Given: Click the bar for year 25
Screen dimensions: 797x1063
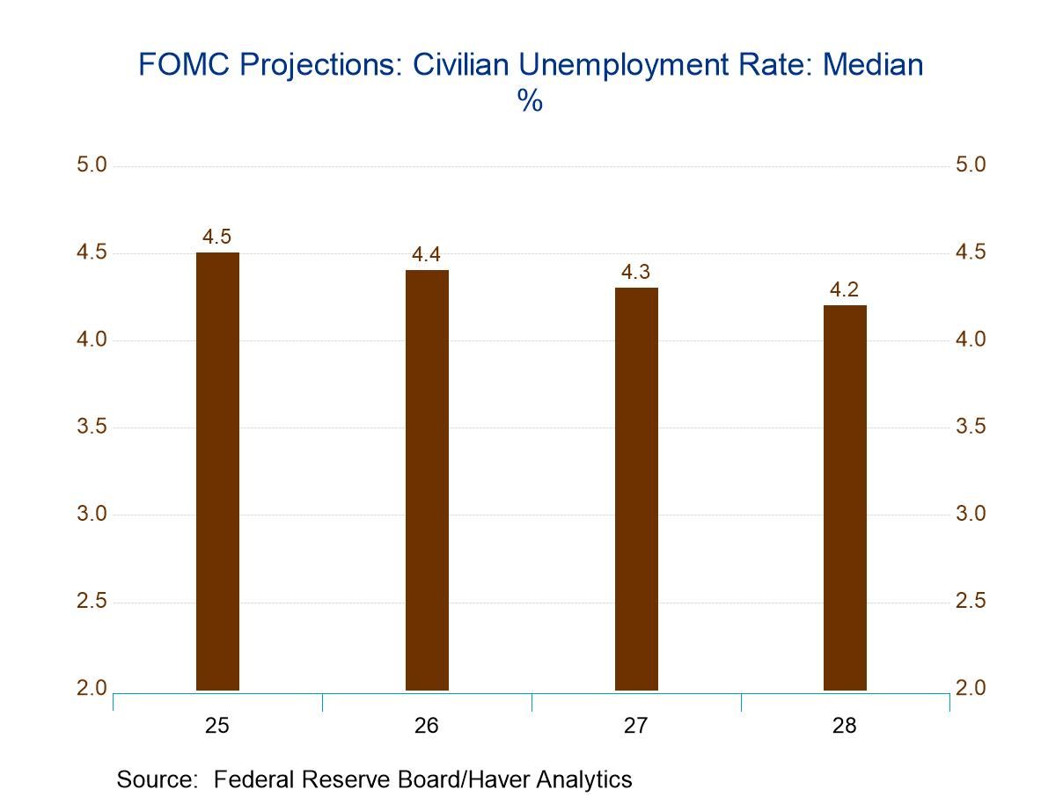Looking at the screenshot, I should [x=217, y=472].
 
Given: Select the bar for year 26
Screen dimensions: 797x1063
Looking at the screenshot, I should [x=427, y=480].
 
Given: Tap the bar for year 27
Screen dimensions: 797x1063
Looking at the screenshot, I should [x=636, y=489].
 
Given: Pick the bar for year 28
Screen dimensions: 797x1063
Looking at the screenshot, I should [x=845, y=498].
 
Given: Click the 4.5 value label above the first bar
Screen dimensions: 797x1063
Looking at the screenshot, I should [x=216, y=237].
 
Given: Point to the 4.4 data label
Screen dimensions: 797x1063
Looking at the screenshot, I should [x=426, y=255].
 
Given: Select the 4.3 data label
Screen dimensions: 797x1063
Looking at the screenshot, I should [x=635, y=273].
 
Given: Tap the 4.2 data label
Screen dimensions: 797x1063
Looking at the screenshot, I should [x=845, y=290].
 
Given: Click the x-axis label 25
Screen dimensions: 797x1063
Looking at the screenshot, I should [x=217, y=726].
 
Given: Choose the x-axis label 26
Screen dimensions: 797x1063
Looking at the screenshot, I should [x=427, y=726].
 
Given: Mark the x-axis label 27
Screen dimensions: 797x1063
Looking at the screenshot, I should [x=636, y=726].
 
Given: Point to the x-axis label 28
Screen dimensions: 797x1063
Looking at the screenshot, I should [x=845, y=726].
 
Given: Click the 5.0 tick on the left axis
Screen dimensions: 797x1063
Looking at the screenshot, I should [x=92, y=165].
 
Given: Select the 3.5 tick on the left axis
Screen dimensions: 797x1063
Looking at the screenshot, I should [x=92, y=428].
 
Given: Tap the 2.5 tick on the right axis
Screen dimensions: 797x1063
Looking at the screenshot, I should [x=971, y=602].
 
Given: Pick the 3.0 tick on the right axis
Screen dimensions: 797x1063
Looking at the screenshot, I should [x=971, y=515].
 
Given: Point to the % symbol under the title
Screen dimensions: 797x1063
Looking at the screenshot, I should [x=530, y=102].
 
